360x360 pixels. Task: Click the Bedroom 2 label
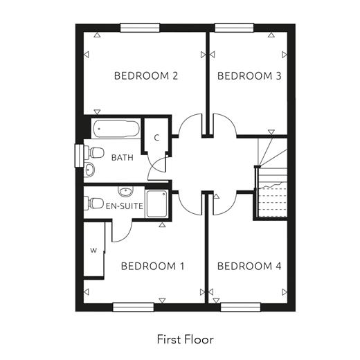[146, 76]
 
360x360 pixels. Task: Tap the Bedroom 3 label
[249, 76]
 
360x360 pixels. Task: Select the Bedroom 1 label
[152, 266]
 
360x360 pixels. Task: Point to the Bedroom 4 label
[249, 266]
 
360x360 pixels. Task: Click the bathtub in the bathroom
[116, 129]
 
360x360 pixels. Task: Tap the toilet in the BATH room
[94, 152]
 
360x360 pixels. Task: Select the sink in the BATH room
[89, 170]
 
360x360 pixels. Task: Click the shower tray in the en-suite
[156, 204]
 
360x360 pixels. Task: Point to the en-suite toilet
[93, 203]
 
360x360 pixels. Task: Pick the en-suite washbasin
[126, 191]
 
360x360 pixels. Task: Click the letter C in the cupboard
[156, 138]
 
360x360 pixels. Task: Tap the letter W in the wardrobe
[93, 251]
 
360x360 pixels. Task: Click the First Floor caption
[186, 339]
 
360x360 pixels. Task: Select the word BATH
[123, 158]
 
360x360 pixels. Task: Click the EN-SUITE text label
[125, 206]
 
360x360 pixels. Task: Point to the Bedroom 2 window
[140, 28]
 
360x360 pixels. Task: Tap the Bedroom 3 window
[234, 28]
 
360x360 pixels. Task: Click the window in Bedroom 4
[240, 307]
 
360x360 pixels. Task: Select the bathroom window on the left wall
[79, 156]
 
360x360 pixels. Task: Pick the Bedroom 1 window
[134, 307]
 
